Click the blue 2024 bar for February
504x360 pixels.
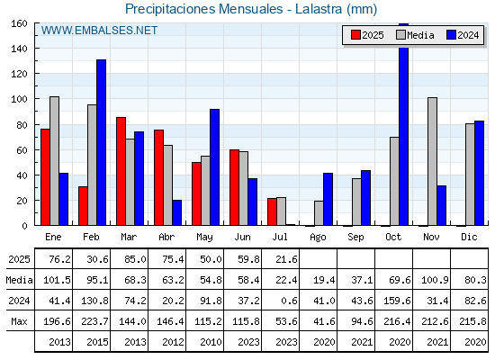pyautogui.click(x=101, y=142)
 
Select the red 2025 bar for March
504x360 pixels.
pyautogui.click(x=121, y=171)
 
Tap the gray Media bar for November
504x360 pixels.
pyautogui.click(x=432, y=161)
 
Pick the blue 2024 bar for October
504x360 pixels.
pyautogui.click(x=404, y=124)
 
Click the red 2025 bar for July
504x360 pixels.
pyautogui.click(x=272, y=211)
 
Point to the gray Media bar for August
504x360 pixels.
pyautogui.click(x=319, y=213)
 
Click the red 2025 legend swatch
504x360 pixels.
pyautogui.click(x=355, y=35)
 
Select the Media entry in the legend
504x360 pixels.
pyautogui.click(x=415, y=35)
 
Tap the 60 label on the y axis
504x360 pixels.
pyautogui.click(x=22, y=149)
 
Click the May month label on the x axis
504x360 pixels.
pyautogui.click(x=204, y=238)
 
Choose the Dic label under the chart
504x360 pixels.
pyautogui.click(x=469, y=237)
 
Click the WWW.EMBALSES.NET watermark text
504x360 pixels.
pyautogui.click(x=99, y=31)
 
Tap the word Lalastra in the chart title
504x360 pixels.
pyautogui.click(x=319, y=9)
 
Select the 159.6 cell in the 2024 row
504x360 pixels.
pyautogui.click(x=397, y=301)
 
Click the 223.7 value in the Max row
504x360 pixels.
pyautogui.click(x=94, y=321)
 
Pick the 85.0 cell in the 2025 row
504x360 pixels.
pyautogui.click(x=135, y=259)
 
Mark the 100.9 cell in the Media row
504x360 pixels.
pyautogui.click(x=435, y=280)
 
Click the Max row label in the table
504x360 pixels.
pyautogui.click(x=19, y=321)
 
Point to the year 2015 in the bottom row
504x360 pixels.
pyautogui.click(x=97, y=342)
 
